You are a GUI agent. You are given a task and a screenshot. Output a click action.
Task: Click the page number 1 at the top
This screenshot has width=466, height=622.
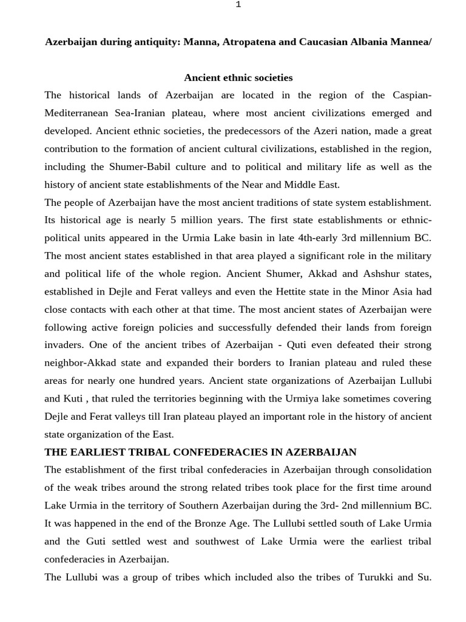(238, 5)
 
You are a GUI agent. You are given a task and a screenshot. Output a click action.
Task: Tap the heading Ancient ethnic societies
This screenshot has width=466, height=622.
(238, 78)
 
